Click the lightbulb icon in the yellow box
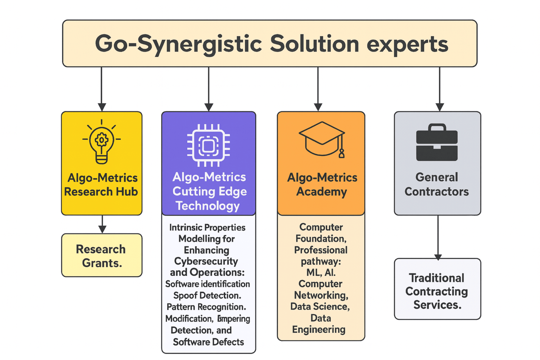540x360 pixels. pyautogui.click(x=102, y=142)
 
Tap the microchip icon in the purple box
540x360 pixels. pyautogui.click(x=208, y=145)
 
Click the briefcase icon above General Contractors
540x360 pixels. pyautogui.click(x=437, y=143)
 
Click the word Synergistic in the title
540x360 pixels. pyautogui.click(x=199, y=44)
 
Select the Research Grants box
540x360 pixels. pyautogui.click(x=102, y=255)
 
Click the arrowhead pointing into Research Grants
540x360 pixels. pyautogui.click(x=102, y=229)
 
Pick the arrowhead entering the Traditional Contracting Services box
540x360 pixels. pyautogui.click(x=438, y=257)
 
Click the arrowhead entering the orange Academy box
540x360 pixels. pyautogui.click(x=318, y=107)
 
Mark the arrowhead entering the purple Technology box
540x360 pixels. pyautogui.click(x=209, y=107)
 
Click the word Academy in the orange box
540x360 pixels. pyautogui.click(x=321, y=192)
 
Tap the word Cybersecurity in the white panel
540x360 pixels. pyautogui.click(x=206, y=261)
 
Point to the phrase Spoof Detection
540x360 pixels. pyautogui.click(x=207, y=296)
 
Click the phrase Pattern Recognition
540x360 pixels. pyautogui.click(x=206, y=307)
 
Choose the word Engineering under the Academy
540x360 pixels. pyautogui.click(x=319, y=330)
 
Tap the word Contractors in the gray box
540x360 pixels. pyautogui.click(x=436, y=192)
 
